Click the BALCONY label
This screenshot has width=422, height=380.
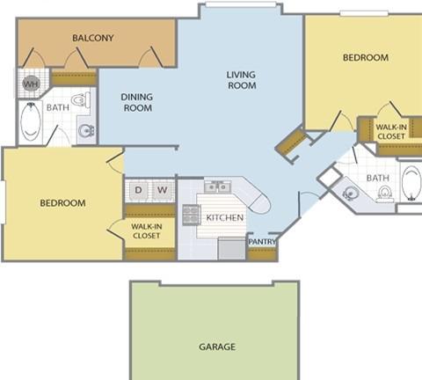[x=93, y=38]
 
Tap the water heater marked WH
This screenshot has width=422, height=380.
[x=31, y=84]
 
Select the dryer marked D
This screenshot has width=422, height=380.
[x=138, y=190]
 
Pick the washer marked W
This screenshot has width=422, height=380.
[x=162, y=190]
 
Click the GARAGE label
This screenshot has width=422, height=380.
[x=217, y=347]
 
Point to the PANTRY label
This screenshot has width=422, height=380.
[x=262, y=242]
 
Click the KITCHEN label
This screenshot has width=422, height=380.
[x=225, y=217]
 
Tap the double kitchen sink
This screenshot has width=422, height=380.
[x=218, y=186]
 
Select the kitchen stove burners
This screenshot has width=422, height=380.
[x=191, y=215]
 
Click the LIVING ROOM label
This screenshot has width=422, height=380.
[x=242, y=80]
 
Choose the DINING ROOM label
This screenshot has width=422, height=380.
[x=137, y=102]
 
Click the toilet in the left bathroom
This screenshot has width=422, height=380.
[x=81, y=99]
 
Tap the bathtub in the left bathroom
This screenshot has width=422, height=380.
[x=31, y=121]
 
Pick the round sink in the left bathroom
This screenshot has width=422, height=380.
[x=86, y=130]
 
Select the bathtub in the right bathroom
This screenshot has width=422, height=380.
[x=411, y=183]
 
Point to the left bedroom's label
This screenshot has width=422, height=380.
[x=62, y=203]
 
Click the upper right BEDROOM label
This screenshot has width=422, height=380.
[x=366, y=57]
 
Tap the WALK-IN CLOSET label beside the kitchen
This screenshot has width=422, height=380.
[x=146, y=231]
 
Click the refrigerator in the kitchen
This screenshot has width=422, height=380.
[x=231, y=249]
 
